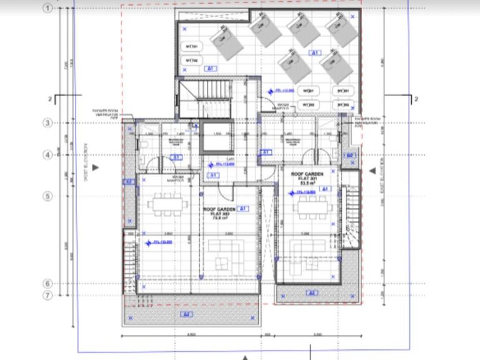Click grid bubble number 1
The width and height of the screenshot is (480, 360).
(x=47, y=8)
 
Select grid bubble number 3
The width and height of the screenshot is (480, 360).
(x=47, y=122)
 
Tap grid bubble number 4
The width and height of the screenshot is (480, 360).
(x=47, y=155)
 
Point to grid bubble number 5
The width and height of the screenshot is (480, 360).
(x=47, y=196)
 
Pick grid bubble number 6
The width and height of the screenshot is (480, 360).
(x=47, y=284)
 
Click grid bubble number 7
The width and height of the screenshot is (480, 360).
(x=47, y=295)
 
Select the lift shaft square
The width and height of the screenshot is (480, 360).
(x=216, y=137)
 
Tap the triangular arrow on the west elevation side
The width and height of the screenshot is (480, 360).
(x=94, y=167)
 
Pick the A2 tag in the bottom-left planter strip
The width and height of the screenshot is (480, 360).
(x=185, y=313)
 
